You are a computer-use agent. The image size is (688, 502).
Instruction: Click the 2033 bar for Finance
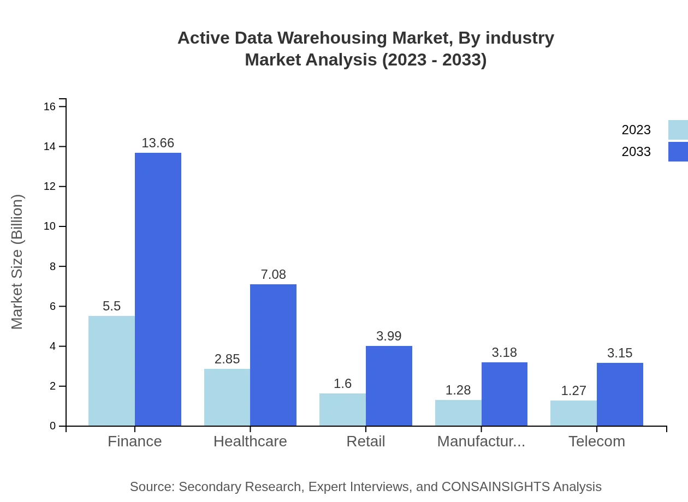tap(158, 289)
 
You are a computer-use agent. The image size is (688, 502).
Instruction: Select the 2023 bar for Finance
tap(111, 370)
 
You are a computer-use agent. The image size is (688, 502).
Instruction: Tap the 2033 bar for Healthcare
tap(273, 355)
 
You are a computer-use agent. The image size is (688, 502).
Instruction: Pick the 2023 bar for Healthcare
tap(227, 397)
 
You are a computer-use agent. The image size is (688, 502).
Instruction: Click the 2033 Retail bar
tap(389, 386)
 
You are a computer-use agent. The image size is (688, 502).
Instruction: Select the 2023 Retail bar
tap(342, 409)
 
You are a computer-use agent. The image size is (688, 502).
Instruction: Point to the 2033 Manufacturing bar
tap(505, 394)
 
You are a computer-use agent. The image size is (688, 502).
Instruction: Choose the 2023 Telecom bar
tap(573, 413)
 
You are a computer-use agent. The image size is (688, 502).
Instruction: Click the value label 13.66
tap(158, 143)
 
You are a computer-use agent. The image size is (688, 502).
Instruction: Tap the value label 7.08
tap(273, 274)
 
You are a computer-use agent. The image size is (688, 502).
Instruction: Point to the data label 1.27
tap(573, 391)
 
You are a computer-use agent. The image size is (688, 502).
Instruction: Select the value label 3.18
tap(504, 352)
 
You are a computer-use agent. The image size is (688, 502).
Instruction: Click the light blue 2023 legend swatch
tap(678, 130)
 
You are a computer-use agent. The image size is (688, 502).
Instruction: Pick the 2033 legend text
tap(636, 152)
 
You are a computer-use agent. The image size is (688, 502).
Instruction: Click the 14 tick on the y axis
tap(50, 147)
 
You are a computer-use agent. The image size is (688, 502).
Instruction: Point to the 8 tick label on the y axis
tap(52, 266)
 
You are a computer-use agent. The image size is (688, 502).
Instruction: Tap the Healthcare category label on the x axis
tap(250, 441)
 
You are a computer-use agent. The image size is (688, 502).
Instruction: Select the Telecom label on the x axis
tap(596, 441)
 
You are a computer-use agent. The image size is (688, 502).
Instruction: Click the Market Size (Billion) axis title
tap(17, 262)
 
